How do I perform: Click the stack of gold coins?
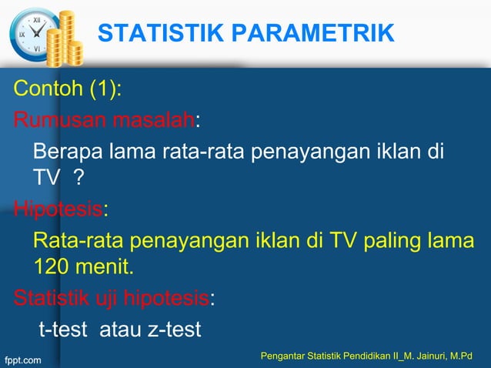point(65,38)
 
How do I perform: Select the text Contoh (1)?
point(67,90)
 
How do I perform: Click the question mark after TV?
point(78,179)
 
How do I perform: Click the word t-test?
point(65,330)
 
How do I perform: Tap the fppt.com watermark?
point(24,359)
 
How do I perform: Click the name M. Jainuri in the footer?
point(432,355)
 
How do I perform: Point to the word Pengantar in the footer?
point(282,355)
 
